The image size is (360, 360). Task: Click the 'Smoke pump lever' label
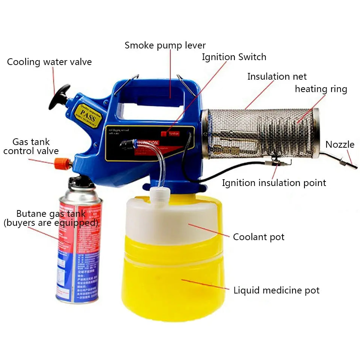coord(165,45)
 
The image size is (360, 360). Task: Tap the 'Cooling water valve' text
coord(49,62)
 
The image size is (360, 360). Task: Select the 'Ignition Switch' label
coord(234,57)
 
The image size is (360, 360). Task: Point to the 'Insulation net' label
coord(277,77)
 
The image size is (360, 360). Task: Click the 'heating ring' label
coord(321,89)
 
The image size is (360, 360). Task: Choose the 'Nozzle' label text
coord(340,145)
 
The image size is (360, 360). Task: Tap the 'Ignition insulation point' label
coord(274,183)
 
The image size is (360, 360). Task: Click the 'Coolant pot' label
coord(259,237)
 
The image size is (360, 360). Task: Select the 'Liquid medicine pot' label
coord(276,290)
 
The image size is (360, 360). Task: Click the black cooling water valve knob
coord(59,96)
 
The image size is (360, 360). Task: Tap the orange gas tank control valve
coord(62,163)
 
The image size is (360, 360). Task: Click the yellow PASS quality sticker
coord(87,115)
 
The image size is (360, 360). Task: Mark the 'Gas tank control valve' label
coord(31,147)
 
